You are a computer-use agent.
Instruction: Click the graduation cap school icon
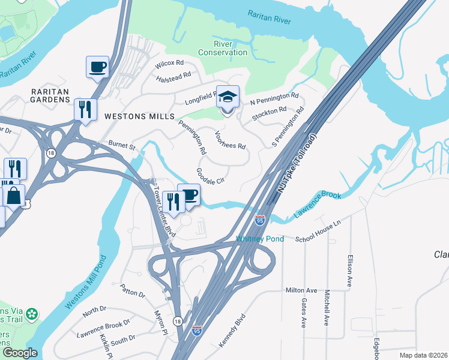228,98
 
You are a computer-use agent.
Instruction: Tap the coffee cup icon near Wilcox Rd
97,67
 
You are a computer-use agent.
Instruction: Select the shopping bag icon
14,196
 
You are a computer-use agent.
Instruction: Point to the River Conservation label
222,48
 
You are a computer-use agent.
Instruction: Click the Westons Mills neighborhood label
139,116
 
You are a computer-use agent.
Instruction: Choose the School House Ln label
318,239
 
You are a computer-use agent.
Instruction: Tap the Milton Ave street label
301,290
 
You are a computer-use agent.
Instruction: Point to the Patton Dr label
133,291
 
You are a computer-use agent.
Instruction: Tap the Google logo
20,353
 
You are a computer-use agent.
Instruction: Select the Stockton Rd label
269,112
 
